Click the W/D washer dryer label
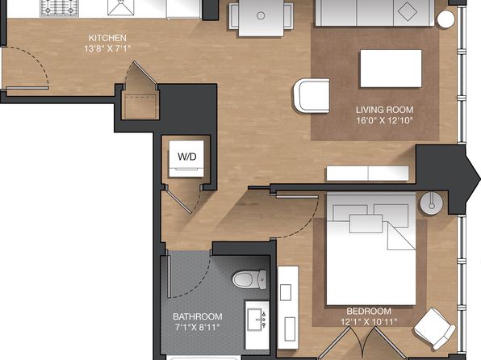186,157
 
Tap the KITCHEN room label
107,38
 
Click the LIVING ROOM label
384,110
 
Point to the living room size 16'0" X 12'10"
384,120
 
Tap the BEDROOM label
369,312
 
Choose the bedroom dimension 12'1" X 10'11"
369,321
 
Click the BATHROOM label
197,316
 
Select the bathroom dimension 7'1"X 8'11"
197,327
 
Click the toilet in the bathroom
249,279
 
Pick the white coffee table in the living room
391,69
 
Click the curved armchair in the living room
312,95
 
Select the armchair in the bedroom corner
434,329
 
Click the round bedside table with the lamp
431,203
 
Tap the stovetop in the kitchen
60,8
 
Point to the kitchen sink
121,7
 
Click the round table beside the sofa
445,19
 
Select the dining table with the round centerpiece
261,18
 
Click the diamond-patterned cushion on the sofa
408,12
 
